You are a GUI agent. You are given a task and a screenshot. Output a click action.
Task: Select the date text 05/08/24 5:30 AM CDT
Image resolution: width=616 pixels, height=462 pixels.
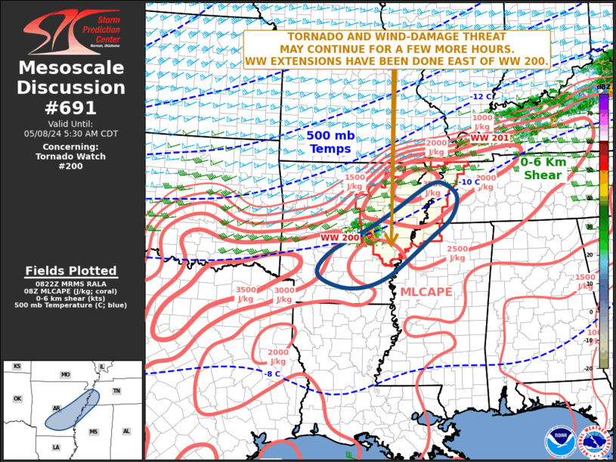pyautogui.click(x=72, y=133)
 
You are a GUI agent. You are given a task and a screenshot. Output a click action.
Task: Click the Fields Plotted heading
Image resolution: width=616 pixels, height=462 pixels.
pyautogui.click(x=71, y=271)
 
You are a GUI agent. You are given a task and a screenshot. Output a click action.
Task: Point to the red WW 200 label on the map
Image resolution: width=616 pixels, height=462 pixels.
pyautogui.click(x=339, y=237)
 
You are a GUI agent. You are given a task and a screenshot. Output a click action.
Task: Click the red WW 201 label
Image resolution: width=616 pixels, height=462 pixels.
pyautogui.click(x=490, y=138)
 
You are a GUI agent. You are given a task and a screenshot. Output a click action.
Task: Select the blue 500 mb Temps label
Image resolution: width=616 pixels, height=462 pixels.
pyautogui.click(x=330, y=142)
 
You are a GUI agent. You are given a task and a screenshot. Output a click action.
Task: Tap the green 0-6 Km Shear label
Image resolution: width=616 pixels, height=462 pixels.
pyautogui.click(x=543, y=168)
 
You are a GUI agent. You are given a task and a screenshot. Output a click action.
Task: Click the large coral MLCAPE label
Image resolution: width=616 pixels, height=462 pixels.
pyautogui.click(x=426, y=292)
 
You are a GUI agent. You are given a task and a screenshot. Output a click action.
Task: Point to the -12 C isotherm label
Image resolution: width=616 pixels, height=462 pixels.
pyautogui.click(x=482, y=97)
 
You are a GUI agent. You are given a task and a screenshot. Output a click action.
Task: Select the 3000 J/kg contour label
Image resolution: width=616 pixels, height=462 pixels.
pyautogui.click(x=283, y=295)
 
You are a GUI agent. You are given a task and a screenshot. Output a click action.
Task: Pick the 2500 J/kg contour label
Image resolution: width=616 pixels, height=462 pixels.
pyautogui.click(x=457, y=253)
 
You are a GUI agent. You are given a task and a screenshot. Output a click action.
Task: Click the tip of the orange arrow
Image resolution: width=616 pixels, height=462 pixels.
pyautogui.click(x=392, y=247)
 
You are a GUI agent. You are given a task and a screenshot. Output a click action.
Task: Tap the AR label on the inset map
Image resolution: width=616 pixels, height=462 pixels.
pyautogui.click(x=56, y=408)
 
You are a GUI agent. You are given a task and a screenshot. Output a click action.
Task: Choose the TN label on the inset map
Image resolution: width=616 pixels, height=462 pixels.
pyautogui.click(x=116, y=391)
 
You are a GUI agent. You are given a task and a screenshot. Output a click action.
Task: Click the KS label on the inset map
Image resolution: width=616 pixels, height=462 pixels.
pyautogui.click(x=17, y=366)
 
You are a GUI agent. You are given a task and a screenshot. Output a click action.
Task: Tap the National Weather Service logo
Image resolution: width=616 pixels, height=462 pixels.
pyautogui.click(x=594, y=441)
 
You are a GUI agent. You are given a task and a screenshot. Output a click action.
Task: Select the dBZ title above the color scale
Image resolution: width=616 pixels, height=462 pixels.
pyautogui.click(x=603, y=88)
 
